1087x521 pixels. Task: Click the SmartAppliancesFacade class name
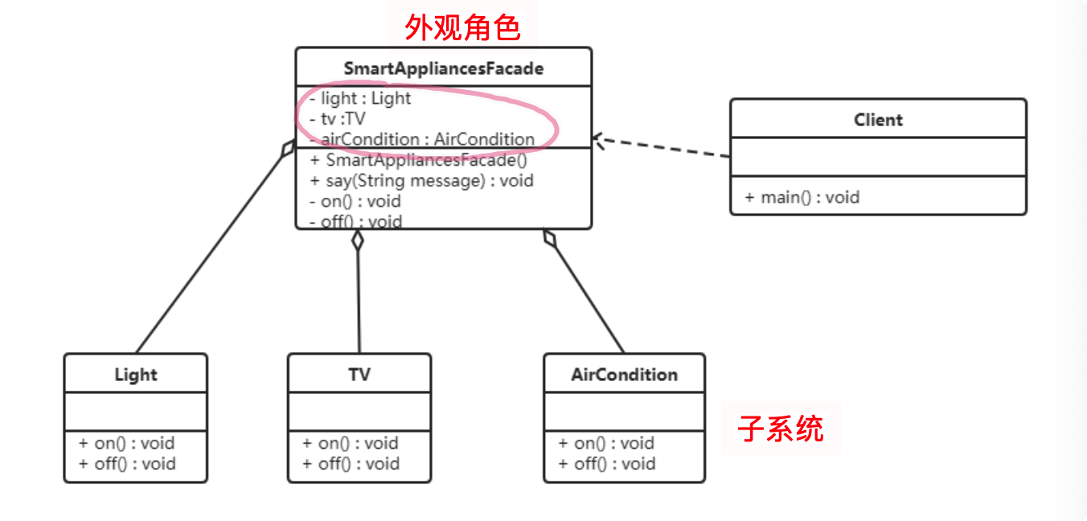443,68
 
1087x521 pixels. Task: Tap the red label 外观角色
462,28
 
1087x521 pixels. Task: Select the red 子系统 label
781,429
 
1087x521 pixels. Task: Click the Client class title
878,120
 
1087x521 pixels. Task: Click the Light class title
136,375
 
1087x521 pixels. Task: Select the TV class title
359,375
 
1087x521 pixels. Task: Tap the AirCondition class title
624,375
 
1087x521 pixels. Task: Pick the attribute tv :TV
338,119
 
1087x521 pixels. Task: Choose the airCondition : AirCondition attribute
423,139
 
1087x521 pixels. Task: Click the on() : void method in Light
127,443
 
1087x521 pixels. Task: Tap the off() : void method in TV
351,464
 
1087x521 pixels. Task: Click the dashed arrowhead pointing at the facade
599,139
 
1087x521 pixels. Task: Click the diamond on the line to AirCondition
550,238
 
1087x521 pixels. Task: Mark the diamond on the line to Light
288,150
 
